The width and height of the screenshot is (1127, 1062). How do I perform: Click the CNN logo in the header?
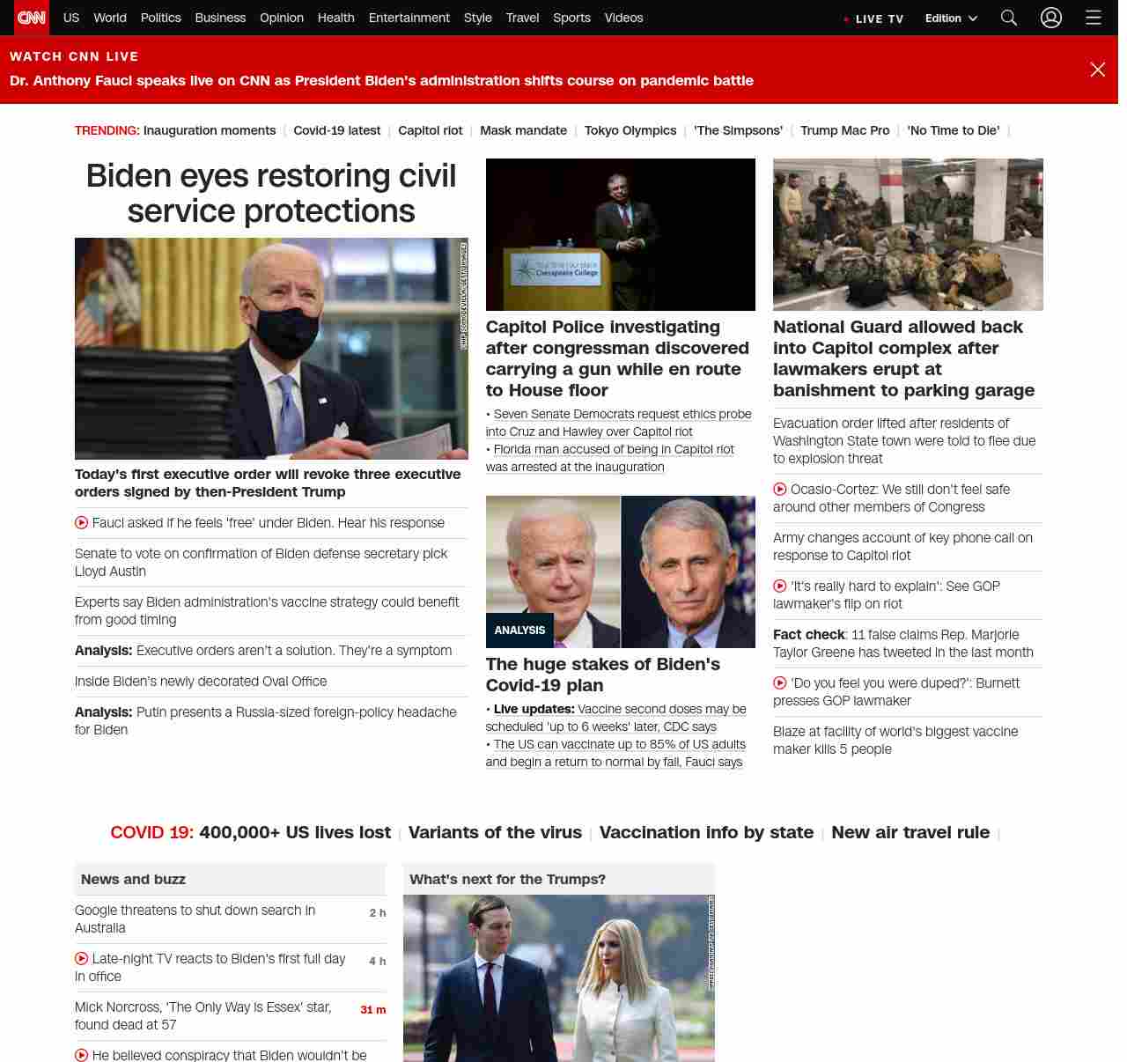32,18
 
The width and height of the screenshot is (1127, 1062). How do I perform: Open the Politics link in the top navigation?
160,18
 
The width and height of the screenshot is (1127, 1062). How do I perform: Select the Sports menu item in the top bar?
571,18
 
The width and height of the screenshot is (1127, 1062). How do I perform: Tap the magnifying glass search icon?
1009,18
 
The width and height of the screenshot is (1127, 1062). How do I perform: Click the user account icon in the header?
1051,18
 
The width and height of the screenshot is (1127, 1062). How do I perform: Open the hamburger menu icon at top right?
1094,18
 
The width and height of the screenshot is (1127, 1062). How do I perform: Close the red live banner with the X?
1097,70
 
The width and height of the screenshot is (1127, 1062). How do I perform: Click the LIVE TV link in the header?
879,18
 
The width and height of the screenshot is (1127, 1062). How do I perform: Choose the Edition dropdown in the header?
951,18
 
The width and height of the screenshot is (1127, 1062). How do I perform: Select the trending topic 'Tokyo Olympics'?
630,130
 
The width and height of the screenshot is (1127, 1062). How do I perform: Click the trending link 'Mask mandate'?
523,130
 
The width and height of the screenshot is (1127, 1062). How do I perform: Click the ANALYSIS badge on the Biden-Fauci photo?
519,631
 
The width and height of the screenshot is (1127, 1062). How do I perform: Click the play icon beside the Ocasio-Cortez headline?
780,490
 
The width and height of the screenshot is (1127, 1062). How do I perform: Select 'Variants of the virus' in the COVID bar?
495,832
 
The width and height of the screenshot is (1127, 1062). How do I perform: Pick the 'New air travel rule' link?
910,832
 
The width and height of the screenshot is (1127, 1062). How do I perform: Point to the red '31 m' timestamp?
372,1010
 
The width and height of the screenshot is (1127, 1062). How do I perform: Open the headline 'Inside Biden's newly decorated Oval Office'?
201,682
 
